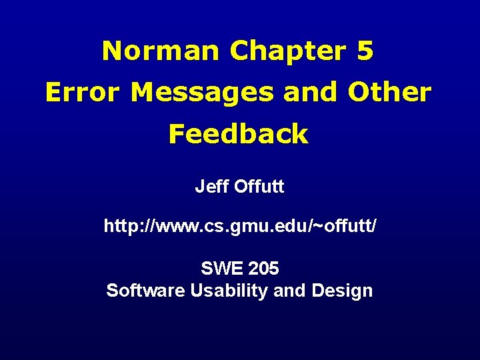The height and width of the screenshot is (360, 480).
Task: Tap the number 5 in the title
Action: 365,51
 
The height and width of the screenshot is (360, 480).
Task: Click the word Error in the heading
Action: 83,93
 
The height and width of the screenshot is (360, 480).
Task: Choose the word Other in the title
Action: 387,93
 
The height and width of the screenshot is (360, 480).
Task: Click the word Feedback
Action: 238,135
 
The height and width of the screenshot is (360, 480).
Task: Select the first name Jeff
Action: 211,187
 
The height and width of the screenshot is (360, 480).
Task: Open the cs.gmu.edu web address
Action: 240,227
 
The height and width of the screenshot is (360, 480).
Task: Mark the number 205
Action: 263,269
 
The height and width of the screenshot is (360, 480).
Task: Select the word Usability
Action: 229,291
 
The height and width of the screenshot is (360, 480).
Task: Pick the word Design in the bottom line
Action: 347,291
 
